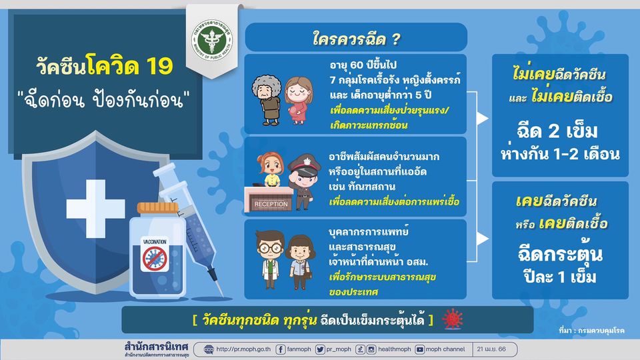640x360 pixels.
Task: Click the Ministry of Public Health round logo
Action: pyautogui.click(x=212, y=40)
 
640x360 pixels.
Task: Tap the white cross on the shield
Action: pyautogui.click(x=95, y=209)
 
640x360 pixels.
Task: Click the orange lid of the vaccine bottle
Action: pyautogui.click(x=157, y=208)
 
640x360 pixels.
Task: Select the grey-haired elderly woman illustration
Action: pyautogui.click(x=267, y=99)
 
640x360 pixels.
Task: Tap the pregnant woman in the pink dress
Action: pyautogui.click(x=299, y=101)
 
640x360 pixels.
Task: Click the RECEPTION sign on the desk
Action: pyautogui.click(x=271, y=204)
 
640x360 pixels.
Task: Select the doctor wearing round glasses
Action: pyautogui.click(x=270, y=259)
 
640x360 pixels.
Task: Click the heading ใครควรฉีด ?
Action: pyautogui.click(x=356, y=39)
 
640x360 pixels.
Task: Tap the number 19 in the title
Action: pyautogui.click(x=159, y=66)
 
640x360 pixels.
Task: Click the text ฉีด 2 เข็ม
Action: pyautogui.click(x=557, y=131)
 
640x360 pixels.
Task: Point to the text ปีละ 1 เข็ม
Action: pyautogui.click(x=560, y=277)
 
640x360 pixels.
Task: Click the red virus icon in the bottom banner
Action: pyautogui.click(x=453, y=319)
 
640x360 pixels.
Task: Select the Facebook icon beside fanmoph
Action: pyautogui.click(x=281, y=349)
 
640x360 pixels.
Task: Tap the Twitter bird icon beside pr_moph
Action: pyautogui.click(x=320, y=349)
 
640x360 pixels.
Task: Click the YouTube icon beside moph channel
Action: pyautogui.click(x=419, y=349)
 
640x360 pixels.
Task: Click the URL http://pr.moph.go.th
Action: pyautogui.click(x=243, y=349)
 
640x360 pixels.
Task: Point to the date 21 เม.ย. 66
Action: pyautogui.click(x=491, y=349)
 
